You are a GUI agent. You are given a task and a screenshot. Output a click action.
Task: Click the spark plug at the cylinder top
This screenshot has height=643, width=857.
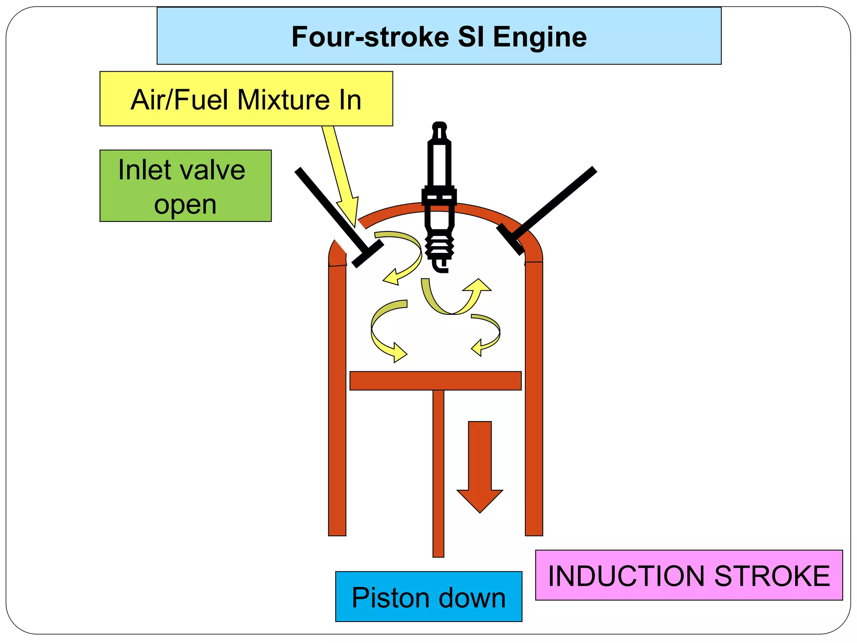pos(439,197)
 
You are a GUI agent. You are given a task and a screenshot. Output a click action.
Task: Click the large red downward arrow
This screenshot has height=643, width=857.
pos(480,465)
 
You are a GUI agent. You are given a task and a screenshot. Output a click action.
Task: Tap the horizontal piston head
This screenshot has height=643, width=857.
pos(435,381)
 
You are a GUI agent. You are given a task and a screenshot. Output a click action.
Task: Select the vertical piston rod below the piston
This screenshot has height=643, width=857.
pos(438,473)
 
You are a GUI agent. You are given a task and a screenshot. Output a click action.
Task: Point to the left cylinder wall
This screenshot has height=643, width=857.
pos(337,398)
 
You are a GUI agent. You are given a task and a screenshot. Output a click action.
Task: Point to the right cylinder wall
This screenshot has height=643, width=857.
pos(534,398)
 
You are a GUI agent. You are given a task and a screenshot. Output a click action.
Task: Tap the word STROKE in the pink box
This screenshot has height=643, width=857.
pos(772,576)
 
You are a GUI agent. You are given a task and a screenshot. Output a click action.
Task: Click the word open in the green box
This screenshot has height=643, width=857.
pos(185,205)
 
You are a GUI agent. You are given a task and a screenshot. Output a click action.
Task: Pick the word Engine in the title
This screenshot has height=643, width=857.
pos(540,37)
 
